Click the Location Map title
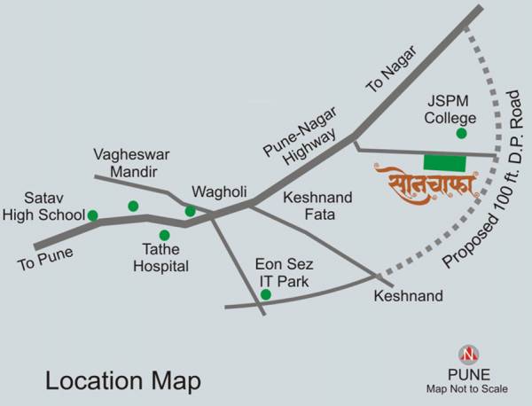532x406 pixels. (123, 382)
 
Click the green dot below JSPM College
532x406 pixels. (461, 133)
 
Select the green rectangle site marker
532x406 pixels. (444, 162)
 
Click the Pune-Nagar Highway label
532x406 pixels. (299, 143)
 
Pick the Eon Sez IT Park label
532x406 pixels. (284, 272)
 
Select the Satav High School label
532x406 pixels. (43, 206)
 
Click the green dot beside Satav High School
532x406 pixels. (92, 215)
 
